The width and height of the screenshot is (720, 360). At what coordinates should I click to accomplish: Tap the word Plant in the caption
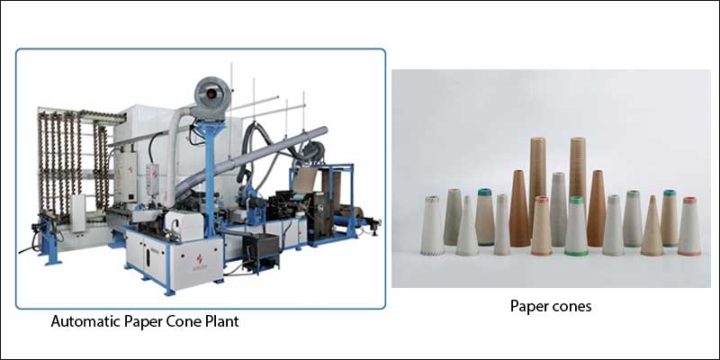[222, 321]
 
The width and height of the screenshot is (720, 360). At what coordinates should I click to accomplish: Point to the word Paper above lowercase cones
[528, 306]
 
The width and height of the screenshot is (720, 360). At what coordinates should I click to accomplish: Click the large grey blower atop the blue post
[211, 97]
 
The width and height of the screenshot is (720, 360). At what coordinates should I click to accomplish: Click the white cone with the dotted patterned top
[432, 226]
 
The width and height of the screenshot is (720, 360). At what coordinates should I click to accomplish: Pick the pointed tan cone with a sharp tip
[652, 227]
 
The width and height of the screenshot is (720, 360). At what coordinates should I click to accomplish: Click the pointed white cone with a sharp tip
[467, 227]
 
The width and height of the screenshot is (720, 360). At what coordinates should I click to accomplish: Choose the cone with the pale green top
[633, 219]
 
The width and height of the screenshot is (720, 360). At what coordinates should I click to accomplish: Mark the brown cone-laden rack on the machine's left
[74, 163]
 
